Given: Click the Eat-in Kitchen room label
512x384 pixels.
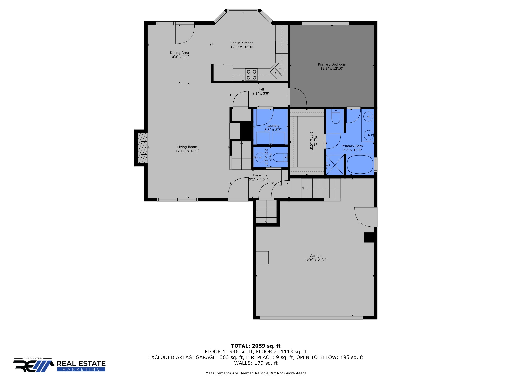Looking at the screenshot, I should pyautogui.click(x=242, y=43).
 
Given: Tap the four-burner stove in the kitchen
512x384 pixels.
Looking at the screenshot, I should pyautogui.click(x=251, y=75).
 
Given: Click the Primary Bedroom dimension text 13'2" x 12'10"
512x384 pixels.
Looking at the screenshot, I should pyautogui.click(x=332, y=68).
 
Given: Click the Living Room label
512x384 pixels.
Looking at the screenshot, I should pyautogui.click(x=187, y=147).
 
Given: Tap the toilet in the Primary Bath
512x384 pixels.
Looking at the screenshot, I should pyautogui.click(x=336, y=117).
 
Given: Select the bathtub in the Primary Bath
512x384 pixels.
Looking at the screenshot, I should pyautogui.click(x=360, y=164).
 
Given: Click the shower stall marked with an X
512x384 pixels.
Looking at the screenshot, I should pyautogui.click(x=335, y=165).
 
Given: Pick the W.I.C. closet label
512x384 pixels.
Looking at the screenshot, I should pyautogui.click(x=315, y=141).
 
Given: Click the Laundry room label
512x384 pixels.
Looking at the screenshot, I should pyautogui.click(x=273, y=126).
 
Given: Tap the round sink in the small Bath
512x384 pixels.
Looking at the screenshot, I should pyautogui.click(x=260, y=157).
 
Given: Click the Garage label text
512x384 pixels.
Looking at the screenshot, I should pyautogui.click(x=315, y=256).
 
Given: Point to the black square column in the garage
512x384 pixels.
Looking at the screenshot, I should pyautogui.click(x=369, y=237).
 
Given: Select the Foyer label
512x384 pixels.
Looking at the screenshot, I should pyautogui.click(x=257, y=175).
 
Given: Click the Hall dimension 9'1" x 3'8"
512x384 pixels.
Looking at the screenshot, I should pyautogui.click(x=261, y=93).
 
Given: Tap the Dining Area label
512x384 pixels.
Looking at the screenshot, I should pyautogui.click(x=179, y=53).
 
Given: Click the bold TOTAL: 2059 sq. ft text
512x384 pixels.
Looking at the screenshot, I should pyautogui.click(x=256, y=346).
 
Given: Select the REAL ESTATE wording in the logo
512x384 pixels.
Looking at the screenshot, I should pyautogui.click(x=81, y=363).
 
